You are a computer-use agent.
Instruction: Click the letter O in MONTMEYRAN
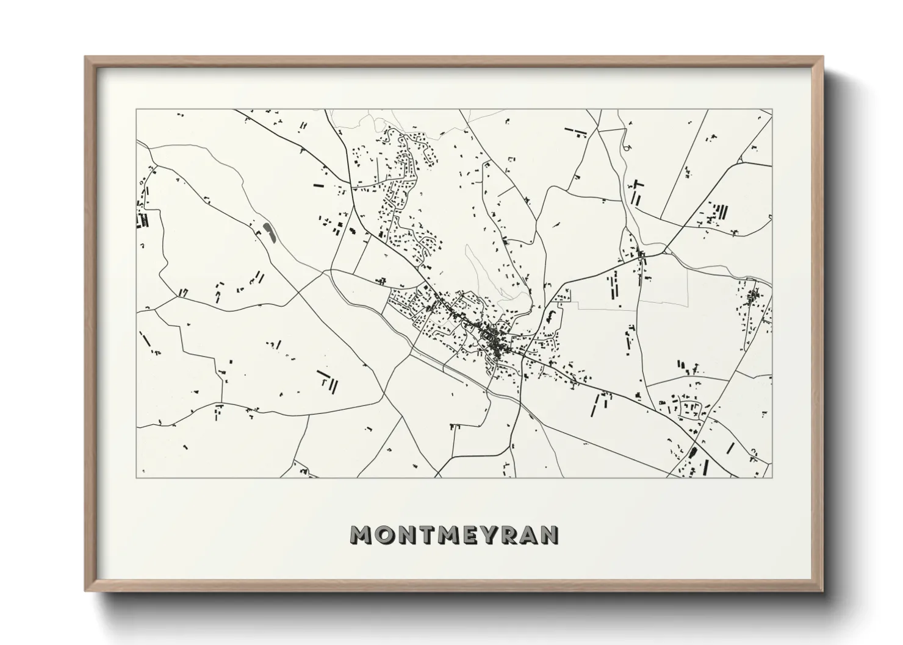tap(384, 535)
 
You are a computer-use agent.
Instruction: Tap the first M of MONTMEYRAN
tap(361, 535)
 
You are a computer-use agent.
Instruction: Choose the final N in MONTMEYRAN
tap(550, 535)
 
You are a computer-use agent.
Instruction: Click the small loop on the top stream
tap(626, 147)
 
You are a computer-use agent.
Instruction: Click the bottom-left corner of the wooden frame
tap(86, 591)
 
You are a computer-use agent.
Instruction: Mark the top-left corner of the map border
tap(137, 110)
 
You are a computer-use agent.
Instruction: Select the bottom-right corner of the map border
tap(772, 477)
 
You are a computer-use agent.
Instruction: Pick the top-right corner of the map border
tap(772, 110)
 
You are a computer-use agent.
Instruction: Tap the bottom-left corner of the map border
tap(137, 477)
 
